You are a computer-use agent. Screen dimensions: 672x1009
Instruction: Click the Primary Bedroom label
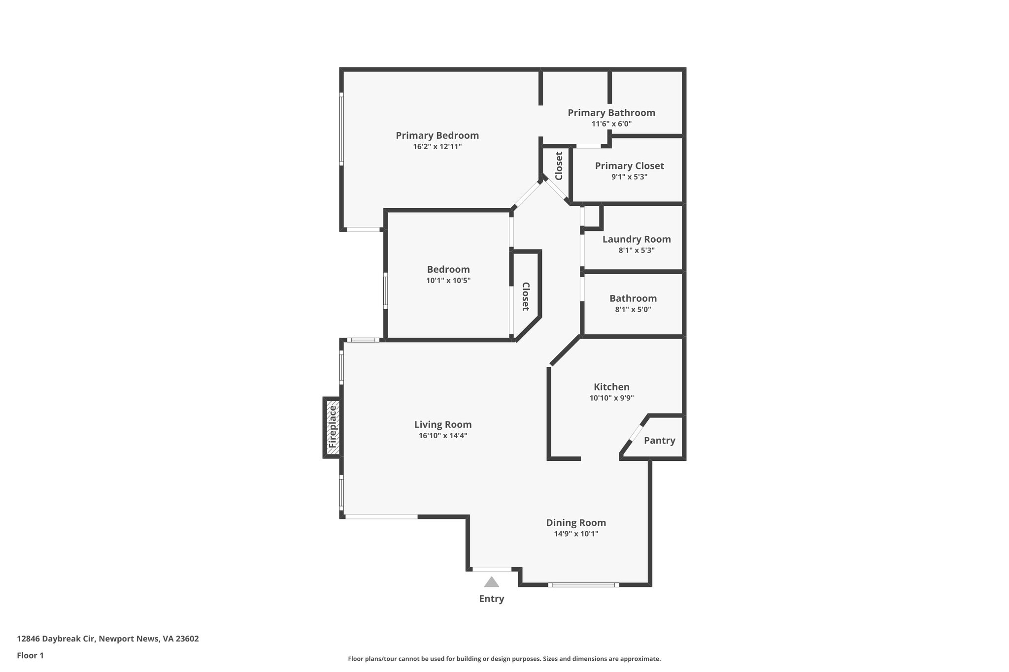pos(437,135)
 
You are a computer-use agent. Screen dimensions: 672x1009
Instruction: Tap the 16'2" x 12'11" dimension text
pos(437,147)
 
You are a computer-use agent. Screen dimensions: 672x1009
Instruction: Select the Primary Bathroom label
pos(611,113)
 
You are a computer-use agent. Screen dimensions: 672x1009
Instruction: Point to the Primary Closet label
pos(629,166)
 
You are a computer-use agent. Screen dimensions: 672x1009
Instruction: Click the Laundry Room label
pos(637,239)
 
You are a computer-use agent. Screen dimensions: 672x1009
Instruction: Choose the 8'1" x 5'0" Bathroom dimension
pos(633,310)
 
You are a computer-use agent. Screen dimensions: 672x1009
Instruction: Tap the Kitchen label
pos(611,387)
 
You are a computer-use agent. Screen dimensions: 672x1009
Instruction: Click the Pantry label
pos(659,441)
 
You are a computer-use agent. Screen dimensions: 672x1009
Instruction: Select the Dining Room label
pos(576,523)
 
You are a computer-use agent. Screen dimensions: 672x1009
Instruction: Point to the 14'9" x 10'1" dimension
pos(576,534)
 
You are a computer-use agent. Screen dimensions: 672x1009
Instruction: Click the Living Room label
pos(443,424)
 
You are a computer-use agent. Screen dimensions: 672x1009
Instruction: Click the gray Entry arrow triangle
pos(492,582)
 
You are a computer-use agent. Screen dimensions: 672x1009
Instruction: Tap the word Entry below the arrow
pos(492,599)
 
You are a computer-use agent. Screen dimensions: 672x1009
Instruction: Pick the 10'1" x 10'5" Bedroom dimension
pos(448,281)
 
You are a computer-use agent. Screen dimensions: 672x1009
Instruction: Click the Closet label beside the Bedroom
pos(526,296)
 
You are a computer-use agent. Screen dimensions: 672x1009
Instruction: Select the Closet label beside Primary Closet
pos(559,166)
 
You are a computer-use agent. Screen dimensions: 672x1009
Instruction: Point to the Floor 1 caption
pos(31,656)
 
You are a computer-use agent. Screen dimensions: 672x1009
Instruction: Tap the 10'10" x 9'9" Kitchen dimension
pos(611,398)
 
